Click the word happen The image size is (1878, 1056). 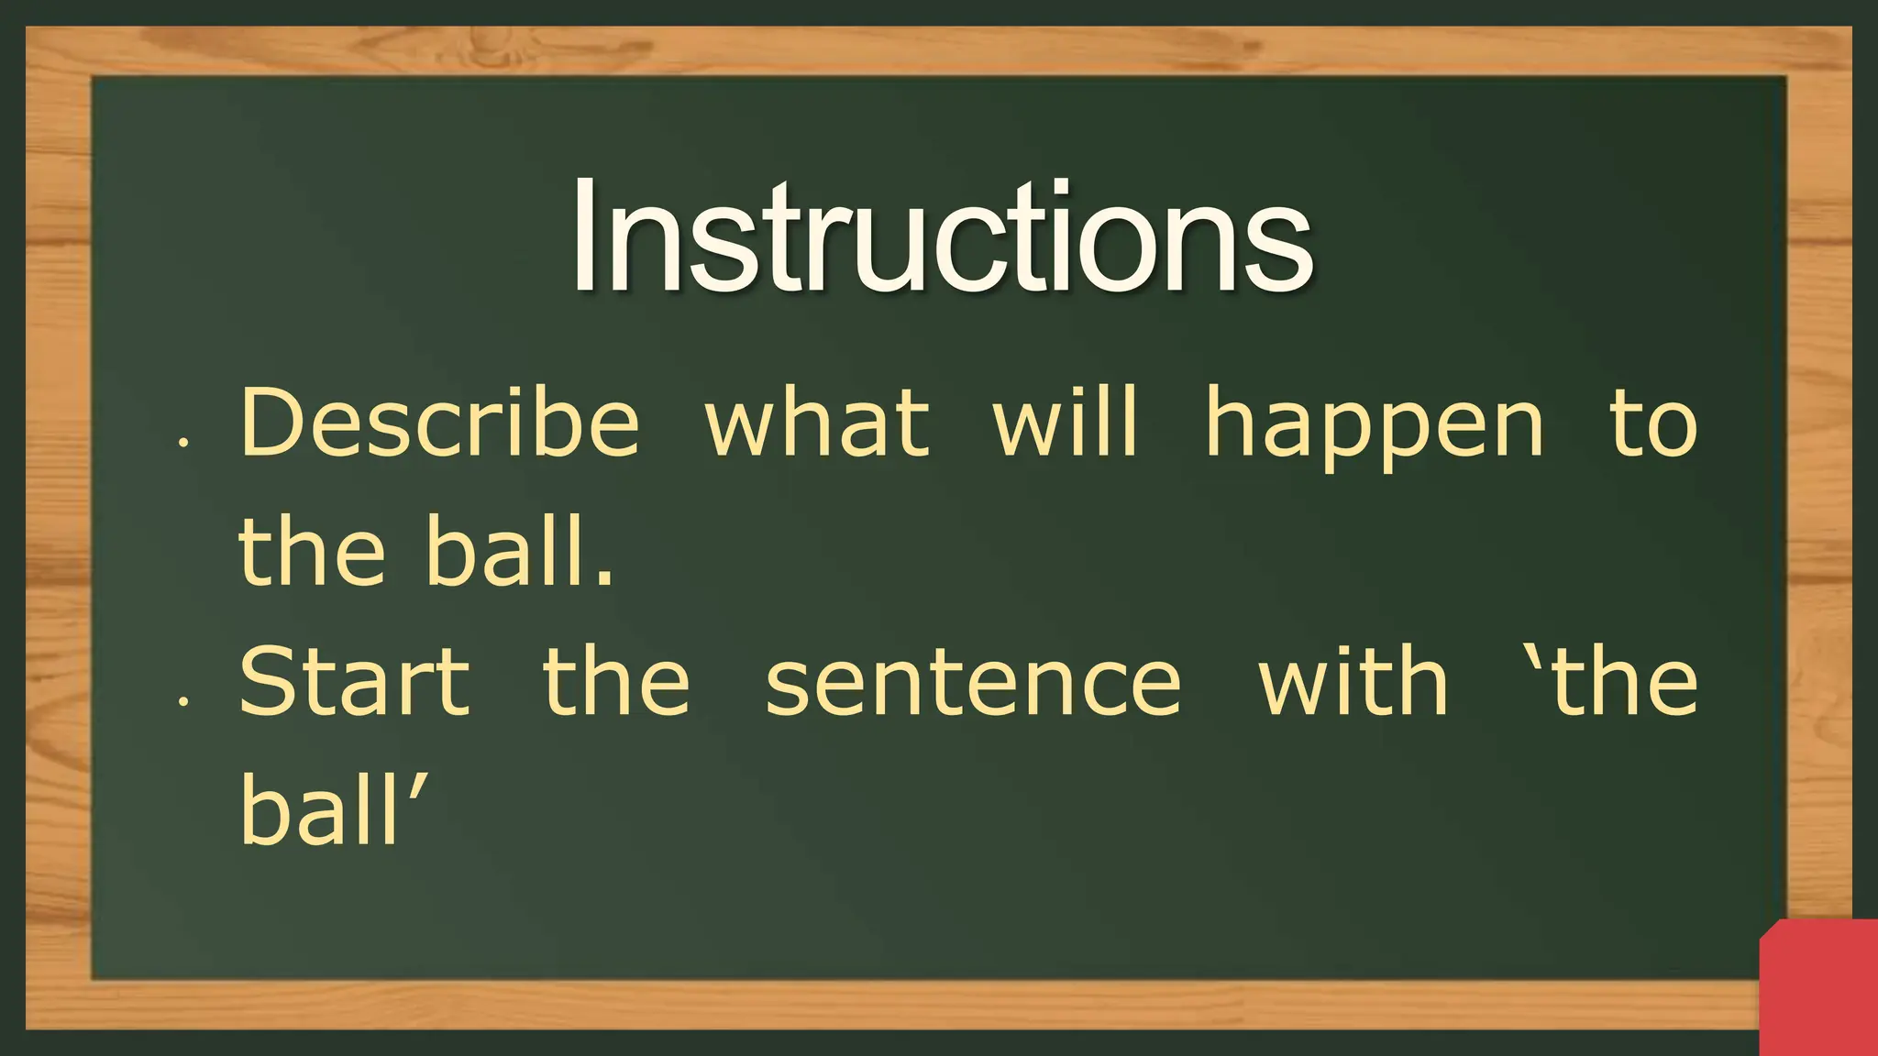coord(1375,426)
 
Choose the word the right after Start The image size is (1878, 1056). coord(616,682)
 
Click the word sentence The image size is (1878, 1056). coord(973,684)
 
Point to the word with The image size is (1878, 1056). coord(1353,682)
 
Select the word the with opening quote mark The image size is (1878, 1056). coord(1614,682)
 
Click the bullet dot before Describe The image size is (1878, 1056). coord(184,443)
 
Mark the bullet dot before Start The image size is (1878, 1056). coord(184,702)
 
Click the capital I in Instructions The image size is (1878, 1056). coord(583,236)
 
